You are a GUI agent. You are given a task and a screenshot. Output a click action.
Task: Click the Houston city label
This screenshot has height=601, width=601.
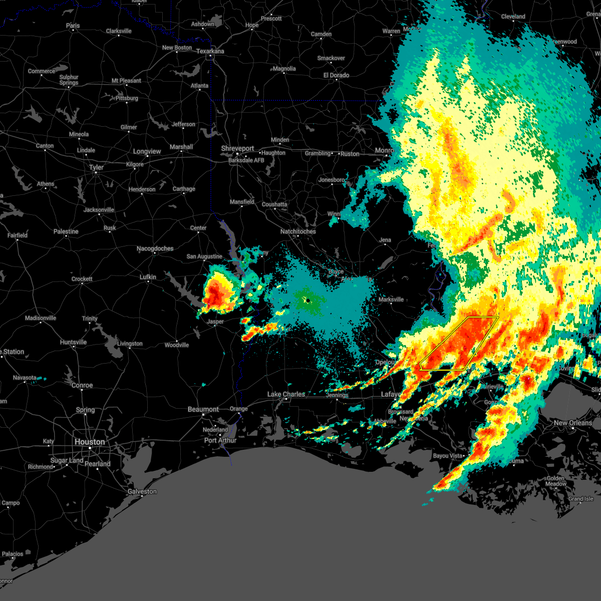pyautogui.click(x=90, y=442)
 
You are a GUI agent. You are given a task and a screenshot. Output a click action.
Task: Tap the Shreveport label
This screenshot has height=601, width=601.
pyautogui.click(x=238, y=149)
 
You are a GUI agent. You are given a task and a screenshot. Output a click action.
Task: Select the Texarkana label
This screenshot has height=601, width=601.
pyautogui.click(x=210, y=51)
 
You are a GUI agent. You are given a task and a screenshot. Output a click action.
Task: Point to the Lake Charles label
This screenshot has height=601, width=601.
pyautogui.click(x=286, y=394)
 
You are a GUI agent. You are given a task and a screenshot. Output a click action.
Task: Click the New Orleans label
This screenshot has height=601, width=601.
pyautogui.click(x=573, y=423)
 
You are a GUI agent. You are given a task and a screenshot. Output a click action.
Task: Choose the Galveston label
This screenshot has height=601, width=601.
pyautogui.click(x=142, y=491)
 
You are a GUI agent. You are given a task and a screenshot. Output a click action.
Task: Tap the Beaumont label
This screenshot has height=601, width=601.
pyautogui.click(x=203, y=409)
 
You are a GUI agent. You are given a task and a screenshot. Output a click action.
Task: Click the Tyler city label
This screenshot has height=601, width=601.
pyautogui.click(x=96, y=167)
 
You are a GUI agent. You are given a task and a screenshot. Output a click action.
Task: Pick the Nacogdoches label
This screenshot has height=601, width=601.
pyautogui.click(x=155, y=248)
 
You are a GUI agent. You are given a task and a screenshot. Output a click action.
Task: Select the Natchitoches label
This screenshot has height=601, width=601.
pyautogui.click(x=298, y=231)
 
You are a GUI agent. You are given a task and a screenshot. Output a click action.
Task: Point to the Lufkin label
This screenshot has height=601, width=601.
pyautogui.click(x=148, y=277)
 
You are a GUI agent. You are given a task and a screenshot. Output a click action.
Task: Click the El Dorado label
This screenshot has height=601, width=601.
pyautogui.click(x=336, y=75)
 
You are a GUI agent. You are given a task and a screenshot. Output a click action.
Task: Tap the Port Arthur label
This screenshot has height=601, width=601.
pyautogui.click(x=220, y=440)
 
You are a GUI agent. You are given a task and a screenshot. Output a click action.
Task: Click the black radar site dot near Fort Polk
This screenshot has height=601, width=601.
pyautogui.click(x=308, y=300)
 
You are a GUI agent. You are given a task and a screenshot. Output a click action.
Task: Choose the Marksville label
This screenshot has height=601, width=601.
pyautogui.click(x=391, y=299)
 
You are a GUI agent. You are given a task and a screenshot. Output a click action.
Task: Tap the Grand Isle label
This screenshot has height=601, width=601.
pyautogui.click(x=580, y=499)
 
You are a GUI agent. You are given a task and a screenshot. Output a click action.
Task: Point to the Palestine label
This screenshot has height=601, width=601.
pyautogui.click(x=66, y=231)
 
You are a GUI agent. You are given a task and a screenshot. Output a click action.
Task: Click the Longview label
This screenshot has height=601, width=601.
pyautogui.click(x=147, y=151)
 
